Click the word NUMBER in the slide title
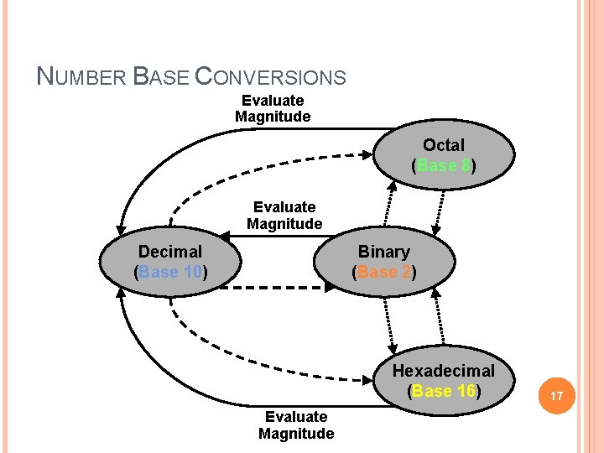(82, 77)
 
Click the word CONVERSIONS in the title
(270, 77)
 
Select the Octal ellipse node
(444, 155)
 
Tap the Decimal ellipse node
(170, 261)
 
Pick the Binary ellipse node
(384, 261)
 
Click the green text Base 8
(444, 165)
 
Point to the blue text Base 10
(170, 272)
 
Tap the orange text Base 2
(384, 272)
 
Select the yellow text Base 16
(444, 391)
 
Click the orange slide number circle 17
(558, 393)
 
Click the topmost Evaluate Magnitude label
(273, 109)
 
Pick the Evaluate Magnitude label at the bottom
(296, 425)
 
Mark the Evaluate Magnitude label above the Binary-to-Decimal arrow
(284, 216)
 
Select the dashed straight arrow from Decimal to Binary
(277, 288)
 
